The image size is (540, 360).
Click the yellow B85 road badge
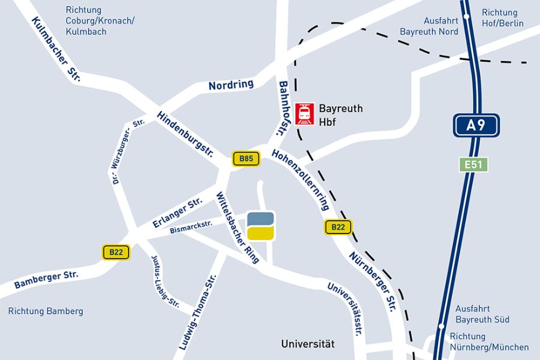(x=246, y=159)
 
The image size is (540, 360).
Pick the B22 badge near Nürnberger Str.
(x=338, y=227)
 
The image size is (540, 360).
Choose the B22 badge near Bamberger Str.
(x=116, y=253)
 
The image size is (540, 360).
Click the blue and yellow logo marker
(x=260, y=226)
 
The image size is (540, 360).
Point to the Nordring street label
(x=231, y=85)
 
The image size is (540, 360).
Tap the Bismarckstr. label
(x=191, y=226)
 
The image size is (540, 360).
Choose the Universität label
(x=308, y=344)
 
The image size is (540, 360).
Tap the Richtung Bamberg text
(x=46, y=311)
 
